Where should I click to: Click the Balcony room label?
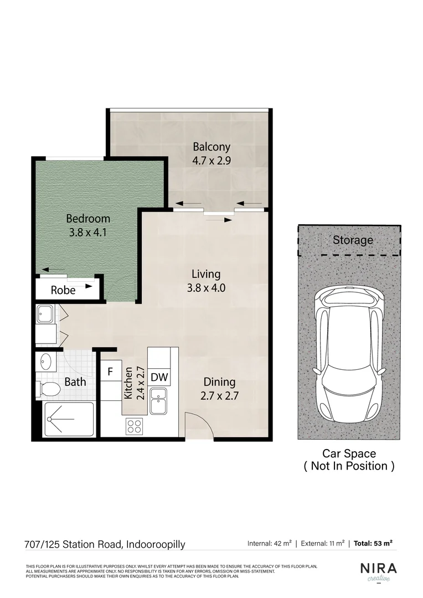coord(211,147)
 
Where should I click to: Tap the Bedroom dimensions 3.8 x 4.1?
coord(87,233)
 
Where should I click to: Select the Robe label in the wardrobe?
coord(63,290)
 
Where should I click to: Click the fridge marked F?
coord(110,372)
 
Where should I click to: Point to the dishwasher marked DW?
coord(159,378)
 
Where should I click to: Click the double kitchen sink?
coord(159,401)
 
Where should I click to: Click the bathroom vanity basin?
coord(46,363)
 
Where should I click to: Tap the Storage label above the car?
coord(353,240)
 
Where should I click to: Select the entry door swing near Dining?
coord(198,426)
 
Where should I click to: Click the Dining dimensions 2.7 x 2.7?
coord(219,396)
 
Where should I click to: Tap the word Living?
coord(206,274)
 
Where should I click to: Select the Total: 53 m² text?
coord(374,543)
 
